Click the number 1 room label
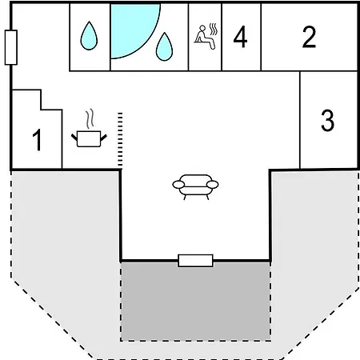tap(38, 140)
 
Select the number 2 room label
tap(309, 37)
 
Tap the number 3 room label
tap(327, 120)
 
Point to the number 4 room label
tap(240, 37)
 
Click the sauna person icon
tap(205, 38)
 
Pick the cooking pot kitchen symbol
tap(89, 138)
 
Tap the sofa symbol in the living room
tap(195, 187)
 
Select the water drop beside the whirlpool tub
tap(164, 46)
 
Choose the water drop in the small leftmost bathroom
tap(89, 36)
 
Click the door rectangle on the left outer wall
tap(11, 47)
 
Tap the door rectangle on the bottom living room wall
tap(195, 261)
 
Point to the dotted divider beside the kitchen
tap(120, 140)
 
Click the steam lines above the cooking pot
tap(90, 118)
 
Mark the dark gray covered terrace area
tap(195, 301)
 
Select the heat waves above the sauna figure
tap(214, 30)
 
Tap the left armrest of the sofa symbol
tap(178, 184)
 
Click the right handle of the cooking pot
tap(104, 138)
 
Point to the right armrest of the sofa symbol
tap(213, 184)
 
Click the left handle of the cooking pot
tap(74, 138)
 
